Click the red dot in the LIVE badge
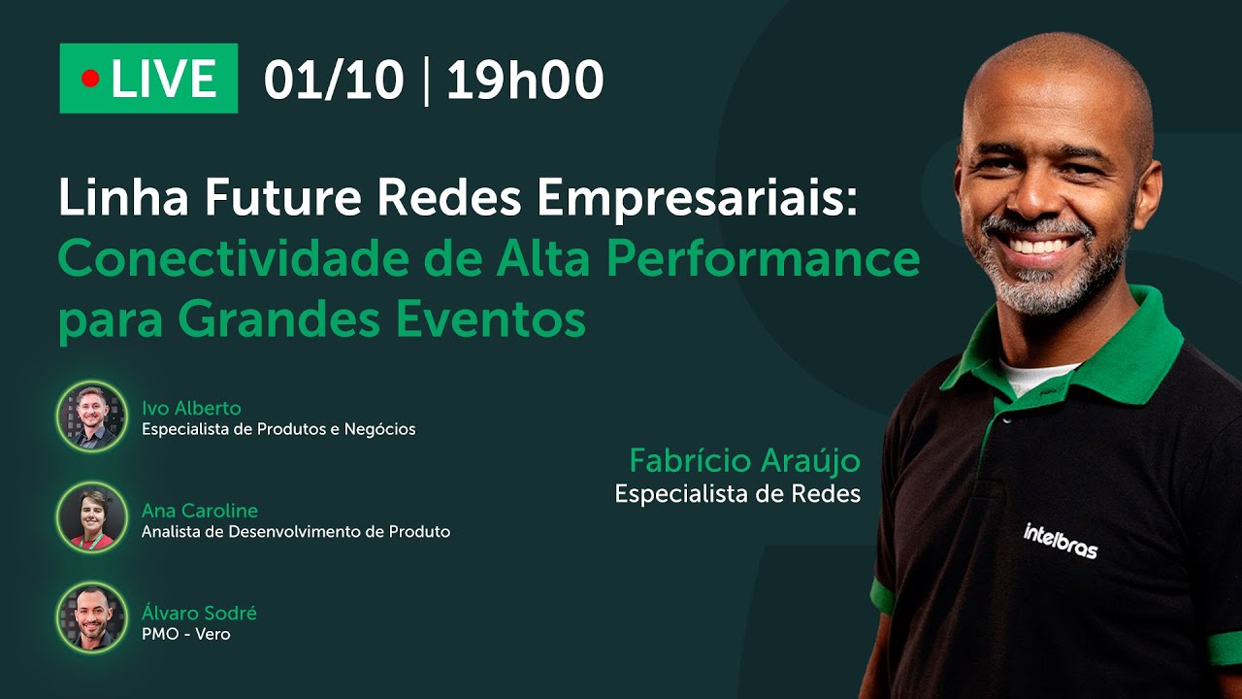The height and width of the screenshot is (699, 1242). (x=90, y=79)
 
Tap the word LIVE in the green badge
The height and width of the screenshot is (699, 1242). (x=163, y=79)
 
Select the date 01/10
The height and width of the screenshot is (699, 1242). (x=333, y=80)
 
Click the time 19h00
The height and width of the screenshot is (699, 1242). (x=525, y=80)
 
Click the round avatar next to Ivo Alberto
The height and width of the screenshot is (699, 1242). (x=91, y=416)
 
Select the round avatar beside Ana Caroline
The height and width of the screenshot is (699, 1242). (x=91, y=518)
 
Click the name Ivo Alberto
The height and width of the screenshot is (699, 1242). (x=191, y=408)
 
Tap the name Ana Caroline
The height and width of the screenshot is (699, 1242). (x=200, y=510)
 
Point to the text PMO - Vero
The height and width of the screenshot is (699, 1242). (x=186, y=635)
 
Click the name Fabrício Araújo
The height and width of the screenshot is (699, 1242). (x=744, y=460)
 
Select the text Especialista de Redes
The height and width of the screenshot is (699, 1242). (x=737, y=494)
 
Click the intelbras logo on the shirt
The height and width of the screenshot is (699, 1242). (x=1061, y=541)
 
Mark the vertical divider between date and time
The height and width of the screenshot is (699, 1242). (x=425, y=80)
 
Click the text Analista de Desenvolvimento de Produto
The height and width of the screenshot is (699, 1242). (x=296, y=532)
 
